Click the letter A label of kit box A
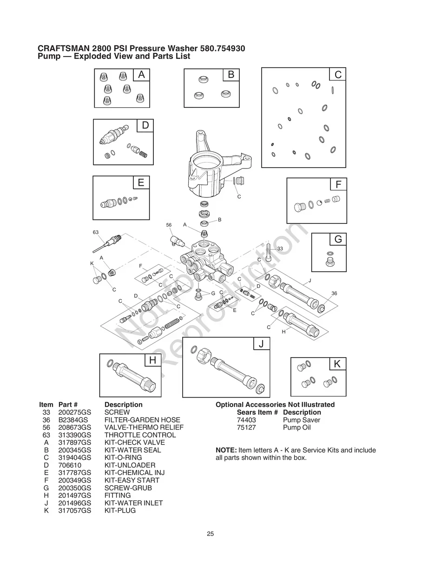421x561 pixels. pos(141,75)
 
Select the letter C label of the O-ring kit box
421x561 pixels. pos(338,74)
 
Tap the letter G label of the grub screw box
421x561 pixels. pos(338,239)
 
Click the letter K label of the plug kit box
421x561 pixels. pos(337,364)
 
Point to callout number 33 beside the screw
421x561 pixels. pos(280,249)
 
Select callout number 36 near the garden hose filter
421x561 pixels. pos(334,293)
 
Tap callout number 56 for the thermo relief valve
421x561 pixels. pos(169,225)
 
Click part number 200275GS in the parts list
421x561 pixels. pos(74,412)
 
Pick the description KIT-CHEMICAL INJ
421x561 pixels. pos(132,473)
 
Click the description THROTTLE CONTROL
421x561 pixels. pos(140,435)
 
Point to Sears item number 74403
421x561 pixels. pos(246,420)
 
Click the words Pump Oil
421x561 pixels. pos(296,427)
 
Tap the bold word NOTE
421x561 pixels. pos(226,450)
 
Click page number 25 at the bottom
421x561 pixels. pos(210,534)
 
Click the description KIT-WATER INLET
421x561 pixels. pos(133,503)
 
